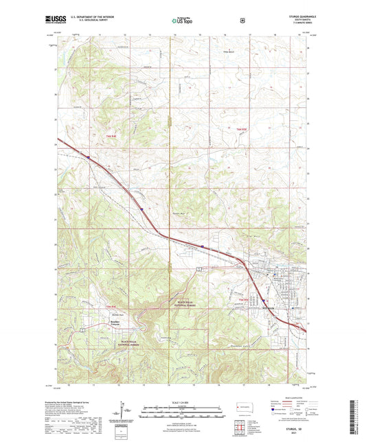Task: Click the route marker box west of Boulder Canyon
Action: click(82, 329)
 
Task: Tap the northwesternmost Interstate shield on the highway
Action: click(88, 157)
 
